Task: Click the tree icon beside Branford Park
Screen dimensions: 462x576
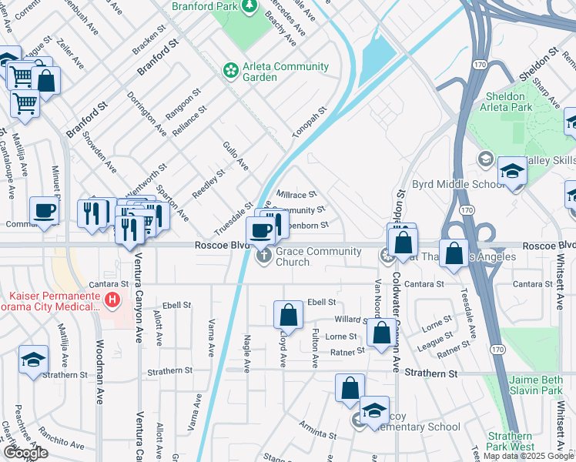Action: (249, 7)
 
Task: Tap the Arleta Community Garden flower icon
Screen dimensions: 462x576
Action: (229, 71)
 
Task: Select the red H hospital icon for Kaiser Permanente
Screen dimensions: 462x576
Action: (112, 299)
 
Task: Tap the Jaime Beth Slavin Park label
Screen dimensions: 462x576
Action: (536, 385)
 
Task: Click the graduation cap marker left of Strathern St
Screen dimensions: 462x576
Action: (33, 361)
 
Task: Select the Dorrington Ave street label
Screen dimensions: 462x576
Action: (146, 115)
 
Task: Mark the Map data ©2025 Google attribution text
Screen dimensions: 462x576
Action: (527, 457)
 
